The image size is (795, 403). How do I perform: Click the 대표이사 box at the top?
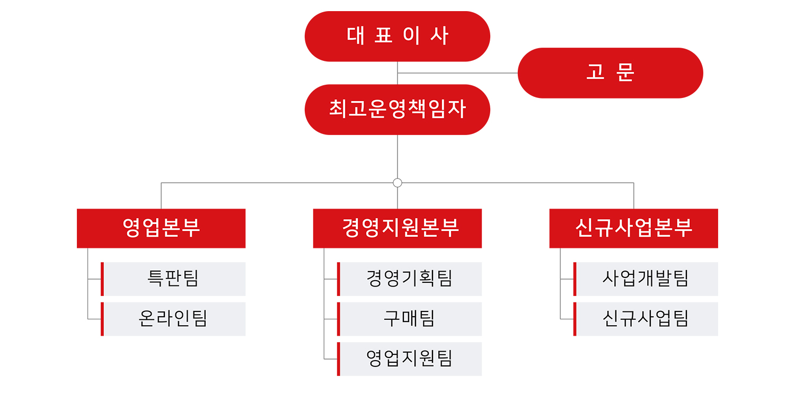click(x=397, y=36)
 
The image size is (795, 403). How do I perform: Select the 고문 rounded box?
click(x=610, y=73)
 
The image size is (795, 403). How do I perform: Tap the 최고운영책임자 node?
click(x=397, y=109)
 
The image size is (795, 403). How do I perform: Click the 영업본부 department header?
click(x=161, y=228)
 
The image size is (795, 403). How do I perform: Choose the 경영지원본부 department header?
click(x=397, y=228)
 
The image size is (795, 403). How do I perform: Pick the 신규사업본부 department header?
click(x=633, y=228)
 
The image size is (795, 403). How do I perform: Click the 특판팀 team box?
click(x=173, y=279)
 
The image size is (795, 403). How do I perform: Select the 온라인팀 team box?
click(x=173, y=319)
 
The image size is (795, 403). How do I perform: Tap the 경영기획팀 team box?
click(x=410, y=279)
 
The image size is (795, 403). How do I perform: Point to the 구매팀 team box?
click(x=410, y=319)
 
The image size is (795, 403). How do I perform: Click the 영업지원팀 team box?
click(x=410, y=359)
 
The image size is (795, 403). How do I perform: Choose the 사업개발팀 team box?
click(x=646, y=279)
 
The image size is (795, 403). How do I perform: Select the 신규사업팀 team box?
click(x=646, y=319)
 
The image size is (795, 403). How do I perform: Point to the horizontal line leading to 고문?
click(x=457, y=73)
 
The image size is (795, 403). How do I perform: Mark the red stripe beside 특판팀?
click(x=102, y=279)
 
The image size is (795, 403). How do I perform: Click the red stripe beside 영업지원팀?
click(x=339, y=359)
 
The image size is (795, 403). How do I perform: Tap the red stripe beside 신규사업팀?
click(x=575, y=319)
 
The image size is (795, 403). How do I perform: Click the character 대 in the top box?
click(x=355, y=36)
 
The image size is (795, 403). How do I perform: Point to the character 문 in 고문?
click(x=625, y=73)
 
